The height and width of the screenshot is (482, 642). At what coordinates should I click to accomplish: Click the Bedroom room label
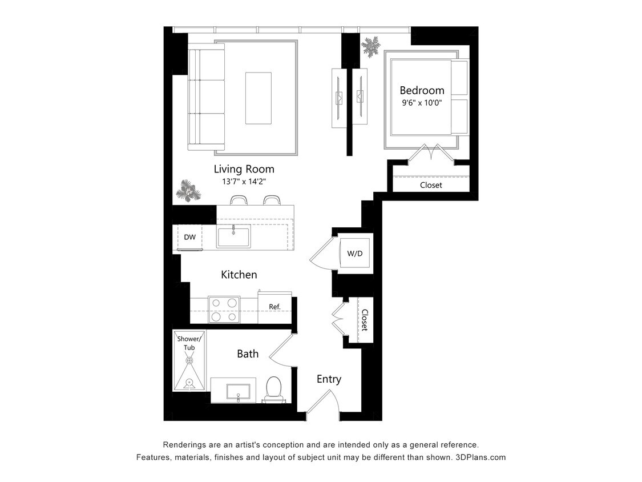point(422,90)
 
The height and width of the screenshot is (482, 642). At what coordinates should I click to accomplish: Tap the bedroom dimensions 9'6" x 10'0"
point(422,103)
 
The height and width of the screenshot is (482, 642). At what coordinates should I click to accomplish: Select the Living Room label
point(244,169)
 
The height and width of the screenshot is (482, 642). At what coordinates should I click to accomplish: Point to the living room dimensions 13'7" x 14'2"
point(244,182)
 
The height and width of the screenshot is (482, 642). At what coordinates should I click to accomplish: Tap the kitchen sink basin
point(233,236)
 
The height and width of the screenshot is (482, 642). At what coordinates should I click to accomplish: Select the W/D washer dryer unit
point(355,254)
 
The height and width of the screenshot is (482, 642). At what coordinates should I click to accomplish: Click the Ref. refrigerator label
point(275,307)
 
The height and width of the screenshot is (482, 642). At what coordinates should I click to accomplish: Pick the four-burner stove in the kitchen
point(223,310)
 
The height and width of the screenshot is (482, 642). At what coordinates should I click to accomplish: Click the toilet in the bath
point(273,389)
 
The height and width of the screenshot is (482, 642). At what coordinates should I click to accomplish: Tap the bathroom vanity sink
point(238,391)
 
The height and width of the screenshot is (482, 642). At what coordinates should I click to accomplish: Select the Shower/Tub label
point(189,343)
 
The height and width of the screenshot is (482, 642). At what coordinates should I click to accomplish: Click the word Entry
point(329,379)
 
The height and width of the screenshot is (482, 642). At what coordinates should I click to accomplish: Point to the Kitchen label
point(239,275)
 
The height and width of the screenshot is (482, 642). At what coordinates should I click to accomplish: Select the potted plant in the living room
point(188,191)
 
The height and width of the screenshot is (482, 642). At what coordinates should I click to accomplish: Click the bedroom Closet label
point(431,185)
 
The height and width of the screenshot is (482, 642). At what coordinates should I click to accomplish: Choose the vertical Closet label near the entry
point(364,320)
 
